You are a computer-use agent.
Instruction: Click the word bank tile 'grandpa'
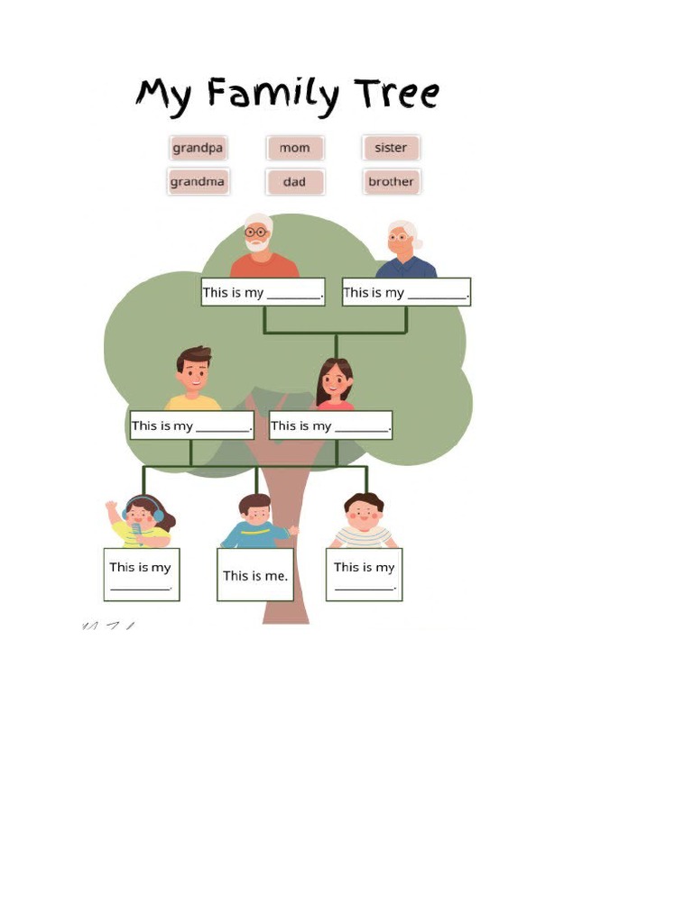(x=198, y=148)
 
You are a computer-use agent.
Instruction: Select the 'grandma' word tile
(x=198, y=182)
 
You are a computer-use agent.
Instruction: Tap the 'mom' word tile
(x=294, y=148)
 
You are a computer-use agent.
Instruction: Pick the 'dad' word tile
(x=294, y=182)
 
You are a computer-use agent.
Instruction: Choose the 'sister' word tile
(x=391, y=148)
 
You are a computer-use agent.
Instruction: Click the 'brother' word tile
(x=391, y=182)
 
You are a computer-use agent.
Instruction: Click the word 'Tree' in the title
(x=396, y=94)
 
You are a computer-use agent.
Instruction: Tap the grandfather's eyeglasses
(x=256, y=233)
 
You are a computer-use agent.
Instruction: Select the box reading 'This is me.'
(x=255, y=575)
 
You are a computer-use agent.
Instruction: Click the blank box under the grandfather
(x=263, y=292)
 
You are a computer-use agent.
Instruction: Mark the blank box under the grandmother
(x=406, y=292)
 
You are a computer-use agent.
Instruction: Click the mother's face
(x=334, y=379)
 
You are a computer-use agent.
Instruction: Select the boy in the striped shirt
(x=364, y=519)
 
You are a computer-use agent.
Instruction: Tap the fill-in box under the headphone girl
(x=141, y=575)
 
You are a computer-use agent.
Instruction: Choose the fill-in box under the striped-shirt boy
(x=364, y=575)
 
